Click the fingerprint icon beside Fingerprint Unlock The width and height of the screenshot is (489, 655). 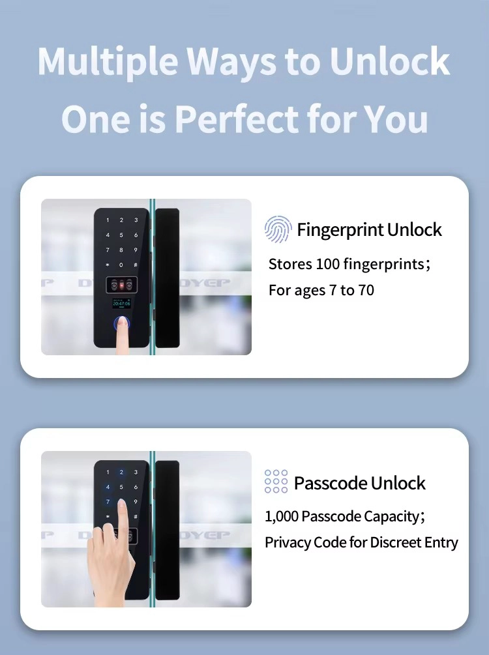pyautogui.click(x=278, y=229)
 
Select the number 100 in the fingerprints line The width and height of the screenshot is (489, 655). pyautogui.click(x=328, y=264)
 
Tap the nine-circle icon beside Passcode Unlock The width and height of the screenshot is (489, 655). pyautogui.click(x=276, y=481)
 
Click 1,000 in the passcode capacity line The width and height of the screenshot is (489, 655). pyautogui.click(x=281, y=516)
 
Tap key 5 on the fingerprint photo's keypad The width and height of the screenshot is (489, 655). pyautogui.click(x=121, y=235)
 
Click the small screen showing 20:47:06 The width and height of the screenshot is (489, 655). pyautogui.click(x=121, y=303)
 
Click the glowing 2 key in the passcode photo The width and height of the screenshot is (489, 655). pyautogui.click(x=121, y=472)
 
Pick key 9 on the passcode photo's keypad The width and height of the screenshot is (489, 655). pyautogui.click(x=136, y=502)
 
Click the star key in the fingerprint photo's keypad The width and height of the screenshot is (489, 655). pyautogui.click(x=108, y=265)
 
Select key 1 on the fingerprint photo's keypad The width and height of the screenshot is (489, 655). pyautogui.click(x=108, y=220)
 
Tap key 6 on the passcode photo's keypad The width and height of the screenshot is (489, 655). pyautogui.click(x=136, y=487)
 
